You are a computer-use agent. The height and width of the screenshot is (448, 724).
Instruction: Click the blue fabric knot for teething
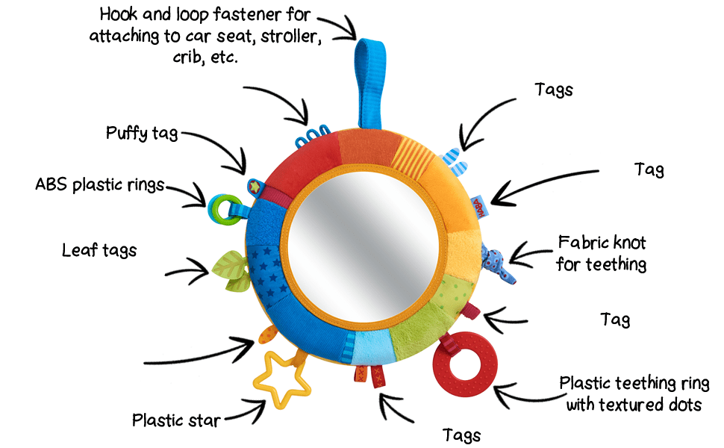tap(496, 261)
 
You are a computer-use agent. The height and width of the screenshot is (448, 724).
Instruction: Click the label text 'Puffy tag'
tap(142, 134)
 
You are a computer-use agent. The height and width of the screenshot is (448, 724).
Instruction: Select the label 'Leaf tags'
tap(99, 250)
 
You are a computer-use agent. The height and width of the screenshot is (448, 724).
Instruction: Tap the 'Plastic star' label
tap(176, 420)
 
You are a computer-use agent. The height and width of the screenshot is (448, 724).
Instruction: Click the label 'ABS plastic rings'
tap(99, 185)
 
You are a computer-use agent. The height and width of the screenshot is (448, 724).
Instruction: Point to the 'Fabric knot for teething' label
tap(602, 253)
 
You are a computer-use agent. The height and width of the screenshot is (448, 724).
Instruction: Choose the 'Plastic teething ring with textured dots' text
tap(634, 394)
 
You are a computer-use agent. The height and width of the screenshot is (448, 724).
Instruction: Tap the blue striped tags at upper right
tap(456, 159)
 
